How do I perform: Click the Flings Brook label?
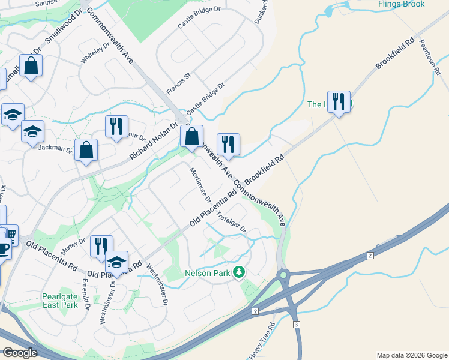(x=402, y=4)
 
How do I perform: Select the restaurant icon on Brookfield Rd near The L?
(x=339, y=102)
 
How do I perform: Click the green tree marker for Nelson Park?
(x=239, y=272)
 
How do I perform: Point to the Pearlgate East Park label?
(x=60, y=301)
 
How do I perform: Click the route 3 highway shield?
(x=296, y=324)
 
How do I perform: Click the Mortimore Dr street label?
(x=200, y=182)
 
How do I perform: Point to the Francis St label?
(x=178, y=83)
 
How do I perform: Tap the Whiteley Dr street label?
(x=96, y=53)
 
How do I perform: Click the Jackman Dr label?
(x=55, y=148)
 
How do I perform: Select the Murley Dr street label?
(x=73, y=245)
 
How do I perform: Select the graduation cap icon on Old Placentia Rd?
(x=116, y=262)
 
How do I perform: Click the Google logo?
(x=20, y=353)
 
